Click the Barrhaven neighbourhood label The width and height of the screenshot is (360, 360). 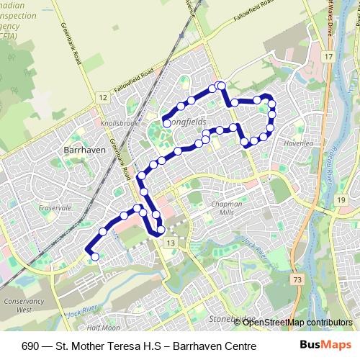click(85, 150)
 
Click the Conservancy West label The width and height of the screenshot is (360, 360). click(17, 305)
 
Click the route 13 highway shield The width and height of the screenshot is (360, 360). click(170, 244)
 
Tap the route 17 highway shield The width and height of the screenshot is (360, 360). click(328, 56)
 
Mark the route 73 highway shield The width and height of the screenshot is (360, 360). click(297, 279)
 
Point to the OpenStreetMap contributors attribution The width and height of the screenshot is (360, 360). click(298, 323)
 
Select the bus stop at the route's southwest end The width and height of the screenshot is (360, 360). click(95, 256)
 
